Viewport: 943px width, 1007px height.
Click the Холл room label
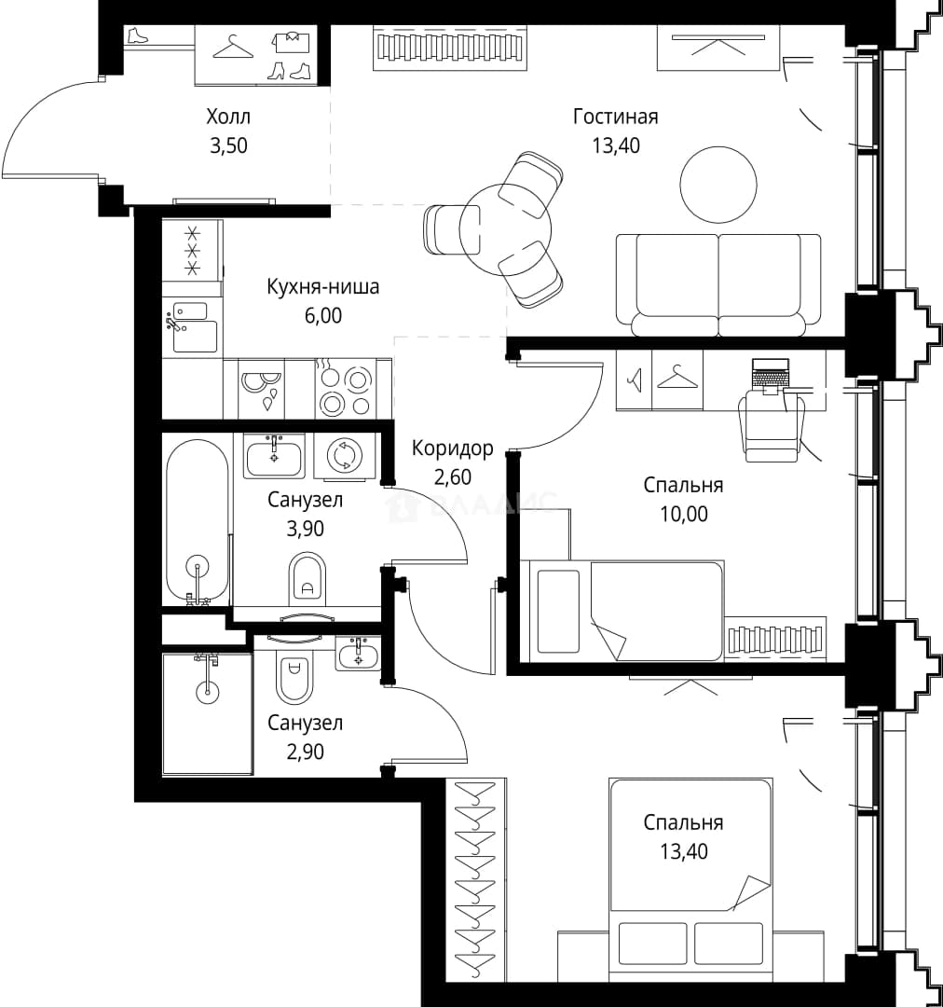(x=228, y=117)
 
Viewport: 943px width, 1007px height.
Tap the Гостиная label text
(x=616, y=117)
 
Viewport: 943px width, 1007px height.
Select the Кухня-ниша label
(x=323, y=286)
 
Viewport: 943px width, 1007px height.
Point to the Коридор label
(x=453, y=448)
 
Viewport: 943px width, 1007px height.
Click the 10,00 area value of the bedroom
(x=684, y=514)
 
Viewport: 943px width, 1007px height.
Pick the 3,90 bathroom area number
(x=305, y=529)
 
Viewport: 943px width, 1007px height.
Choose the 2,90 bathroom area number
(x=305, y=752)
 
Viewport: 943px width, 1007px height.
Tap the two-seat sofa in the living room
(x=718, y=285)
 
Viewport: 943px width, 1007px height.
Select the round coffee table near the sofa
(x=718, y=185)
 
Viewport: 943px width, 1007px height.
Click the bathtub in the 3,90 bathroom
(x=197, y=520)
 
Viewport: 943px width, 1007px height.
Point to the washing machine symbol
(x=345, y=455)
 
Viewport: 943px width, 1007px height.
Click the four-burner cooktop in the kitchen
(x=345, y=388)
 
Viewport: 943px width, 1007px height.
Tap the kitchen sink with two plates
(x=261, y=388)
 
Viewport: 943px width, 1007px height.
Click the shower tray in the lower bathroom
(x=207, y=714)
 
